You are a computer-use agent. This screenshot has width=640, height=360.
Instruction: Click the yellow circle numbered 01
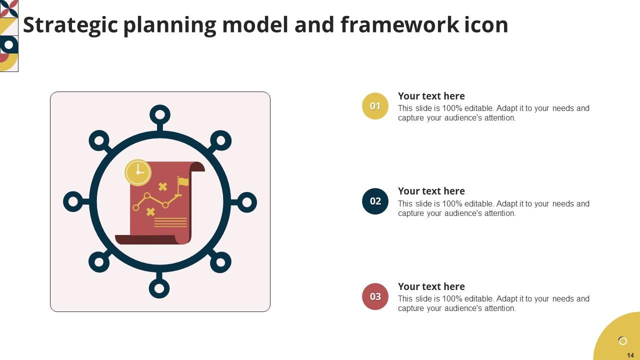tap(375, 106)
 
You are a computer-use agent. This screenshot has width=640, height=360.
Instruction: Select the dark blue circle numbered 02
tap(375, 201)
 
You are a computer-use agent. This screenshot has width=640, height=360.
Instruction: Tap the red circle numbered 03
tap(375, 296)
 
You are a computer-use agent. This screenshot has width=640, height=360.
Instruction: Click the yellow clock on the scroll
tap(137, 172)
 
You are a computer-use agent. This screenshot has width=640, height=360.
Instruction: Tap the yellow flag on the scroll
tap(183, 182)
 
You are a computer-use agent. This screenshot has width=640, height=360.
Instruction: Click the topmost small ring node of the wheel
tap(159, 115)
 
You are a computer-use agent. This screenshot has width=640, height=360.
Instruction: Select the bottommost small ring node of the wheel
tap(159, 288)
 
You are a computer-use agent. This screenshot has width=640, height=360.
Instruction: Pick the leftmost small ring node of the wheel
tap(73, 201)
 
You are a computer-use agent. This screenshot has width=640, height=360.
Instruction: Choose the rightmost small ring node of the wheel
tap(246, 202)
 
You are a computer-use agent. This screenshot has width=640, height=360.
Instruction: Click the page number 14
tap(630, 355)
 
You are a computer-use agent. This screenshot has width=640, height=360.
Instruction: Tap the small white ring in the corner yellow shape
tap(622, 341)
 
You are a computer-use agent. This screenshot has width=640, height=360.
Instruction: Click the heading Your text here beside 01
tap(431, 96)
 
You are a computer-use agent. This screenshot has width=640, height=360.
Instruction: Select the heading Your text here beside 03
tap(431, 286)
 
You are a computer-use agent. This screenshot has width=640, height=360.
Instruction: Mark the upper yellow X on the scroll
tap(162, 186)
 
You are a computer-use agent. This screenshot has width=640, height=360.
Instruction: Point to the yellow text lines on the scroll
tap(170, 222)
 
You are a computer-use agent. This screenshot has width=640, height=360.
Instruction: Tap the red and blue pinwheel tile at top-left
tap(8, 8)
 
